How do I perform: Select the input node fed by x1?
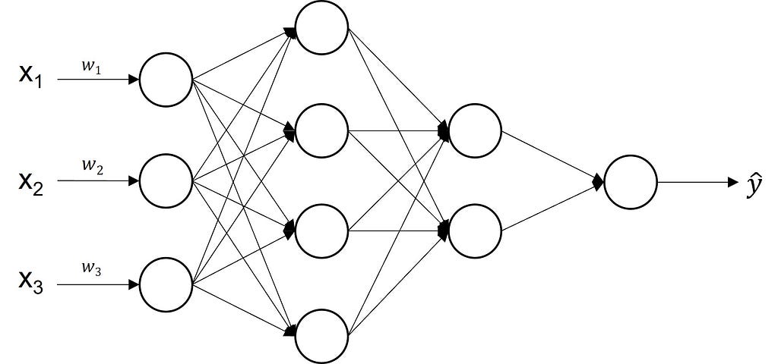tap(166, 79)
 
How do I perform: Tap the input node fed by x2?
tap(166, 180)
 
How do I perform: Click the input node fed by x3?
tap(166, 284)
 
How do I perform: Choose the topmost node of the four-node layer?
tap(322, 29)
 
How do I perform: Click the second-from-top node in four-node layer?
tap(322, 130)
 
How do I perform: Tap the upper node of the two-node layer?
tap(476, 130)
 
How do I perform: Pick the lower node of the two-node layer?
tap(476, 231)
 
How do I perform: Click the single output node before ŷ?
tap(631, 182)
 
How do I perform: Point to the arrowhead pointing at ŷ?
tap(732, 182)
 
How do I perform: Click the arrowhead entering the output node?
tap(599, 182)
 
